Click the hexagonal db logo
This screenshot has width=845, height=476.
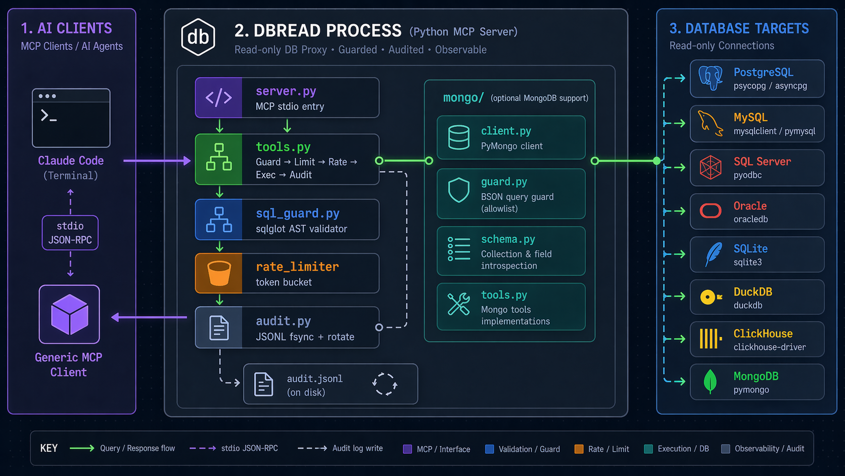[x=198, y=37]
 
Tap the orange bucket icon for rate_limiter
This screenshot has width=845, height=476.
[x=219, y=273]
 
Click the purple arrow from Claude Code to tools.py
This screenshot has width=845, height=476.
[x=157, y=161]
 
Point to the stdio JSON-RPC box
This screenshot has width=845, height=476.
[x=70, y=233]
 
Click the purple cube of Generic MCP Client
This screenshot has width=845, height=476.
[x=69, y=314]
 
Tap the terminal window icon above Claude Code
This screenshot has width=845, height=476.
[x=71, y=118]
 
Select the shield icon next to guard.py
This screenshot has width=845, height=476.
[x=458, y=190]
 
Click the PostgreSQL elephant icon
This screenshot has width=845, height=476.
[x=710, y=78]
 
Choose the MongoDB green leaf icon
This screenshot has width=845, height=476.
[x=710, y=381]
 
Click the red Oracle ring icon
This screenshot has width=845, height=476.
[x=710, y=211]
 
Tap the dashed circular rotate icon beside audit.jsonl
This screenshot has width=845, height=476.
[x=385, y=384]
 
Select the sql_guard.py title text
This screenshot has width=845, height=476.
[x=297, y=213]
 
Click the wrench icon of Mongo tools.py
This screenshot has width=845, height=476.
[x=458, y=305]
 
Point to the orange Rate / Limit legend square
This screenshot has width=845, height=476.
[x=579, y=449]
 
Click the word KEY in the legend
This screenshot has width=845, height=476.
[x=49, y=448]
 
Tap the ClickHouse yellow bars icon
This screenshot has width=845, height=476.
[x=710, y=339]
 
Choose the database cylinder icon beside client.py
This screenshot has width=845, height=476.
[x=458, y=138]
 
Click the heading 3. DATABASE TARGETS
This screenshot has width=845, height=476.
[x=738, y=28]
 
